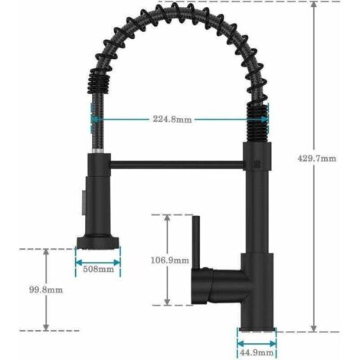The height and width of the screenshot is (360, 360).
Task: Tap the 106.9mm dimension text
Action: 169,260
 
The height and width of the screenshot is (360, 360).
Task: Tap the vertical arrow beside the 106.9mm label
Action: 167,260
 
